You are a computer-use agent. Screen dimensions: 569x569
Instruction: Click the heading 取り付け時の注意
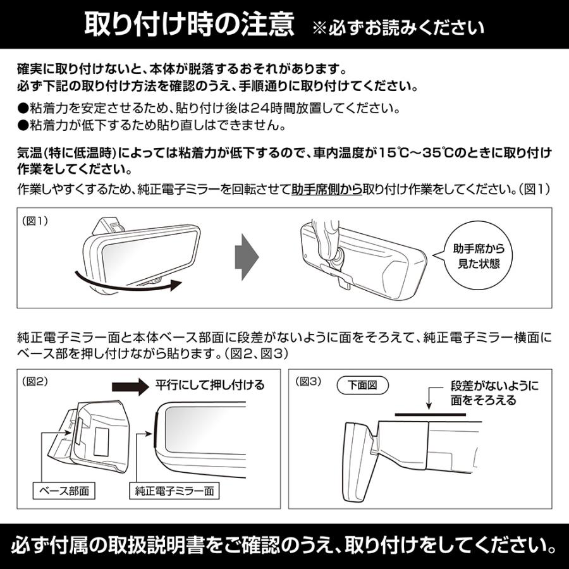coord(190,25)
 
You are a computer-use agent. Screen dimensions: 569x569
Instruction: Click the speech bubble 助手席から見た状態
coord(479,255)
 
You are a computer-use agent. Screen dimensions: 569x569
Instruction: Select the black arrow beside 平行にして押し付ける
coord(130,386)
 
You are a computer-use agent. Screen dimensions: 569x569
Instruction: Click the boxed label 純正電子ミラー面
coord(174,490)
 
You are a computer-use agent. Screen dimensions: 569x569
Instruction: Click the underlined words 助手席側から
coord(326,189)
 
